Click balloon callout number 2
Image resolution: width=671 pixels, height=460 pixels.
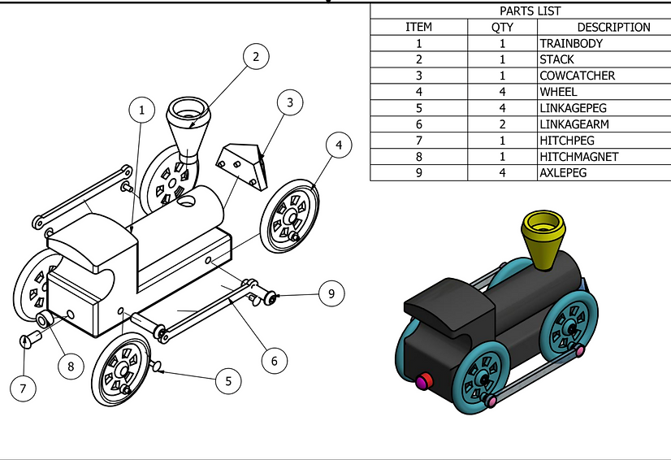coord(256,57)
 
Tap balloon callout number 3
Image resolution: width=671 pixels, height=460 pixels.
coord(290,102)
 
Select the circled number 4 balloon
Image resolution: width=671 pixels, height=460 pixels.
coord(339,145)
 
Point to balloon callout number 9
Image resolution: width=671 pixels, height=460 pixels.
coord(331,293)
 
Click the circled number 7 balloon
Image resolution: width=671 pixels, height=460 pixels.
coord(23,388)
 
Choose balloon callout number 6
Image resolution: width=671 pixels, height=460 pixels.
coord(275,361)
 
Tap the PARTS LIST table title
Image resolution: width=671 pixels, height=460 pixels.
coord(530,11)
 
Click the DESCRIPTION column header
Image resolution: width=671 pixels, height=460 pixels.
coord(613,28)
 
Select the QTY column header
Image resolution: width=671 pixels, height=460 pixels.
coord(502,28)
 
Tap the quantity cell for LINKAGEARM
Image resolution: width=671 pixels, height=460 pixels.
coord(502,124)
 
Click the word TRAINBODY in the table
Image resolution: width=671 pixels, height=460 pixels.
coord(571,43)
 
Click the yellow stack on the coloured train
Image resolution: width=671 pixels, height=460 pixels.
coord(543,239)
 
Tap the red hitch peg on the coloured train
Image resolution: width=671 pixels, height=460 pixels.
coord(424,381)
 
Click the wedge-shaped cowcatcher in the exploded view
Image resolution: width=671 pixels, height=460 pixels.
coord(242,166)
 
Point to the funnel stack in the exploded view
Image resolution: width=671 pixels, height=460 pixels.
coord(188,129)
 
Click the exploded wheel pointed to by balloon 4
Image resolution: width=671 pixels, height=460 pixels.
coord(290,216)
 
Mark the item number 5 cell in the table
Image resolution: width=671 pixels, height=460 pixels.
coord(418,108)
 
